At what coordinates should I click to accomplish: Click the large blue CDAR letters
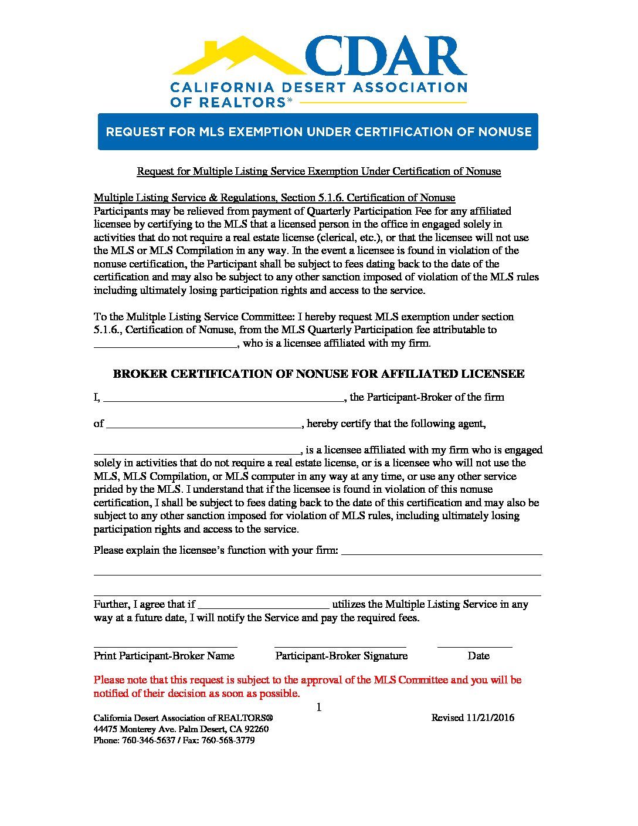386,57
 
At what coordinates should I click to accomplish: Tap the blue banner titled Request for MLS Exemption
318,131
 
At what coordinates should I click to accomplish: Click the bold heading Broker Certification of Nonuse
318,374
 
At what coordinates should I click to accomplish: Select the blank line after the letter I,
223,399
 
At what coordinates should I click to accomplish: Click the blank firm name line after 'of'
203,425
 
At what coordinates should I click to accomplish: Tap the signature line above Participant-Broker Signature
340,645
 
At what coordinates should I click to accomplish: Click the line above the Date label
474,645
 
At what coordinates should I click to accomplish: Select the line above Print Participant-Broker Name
165,645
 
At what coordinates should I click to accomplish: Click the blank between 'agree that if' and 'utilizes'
264,607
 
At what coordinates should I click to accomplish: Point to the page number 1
319,707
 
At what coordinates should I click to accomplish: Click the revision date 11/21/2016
490,717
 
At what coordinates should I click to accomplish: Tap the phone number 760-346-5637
148,740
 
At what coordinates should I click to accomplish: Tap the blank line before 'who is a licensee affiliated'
165,346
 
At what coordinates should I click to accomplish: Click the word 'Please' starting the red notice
109,680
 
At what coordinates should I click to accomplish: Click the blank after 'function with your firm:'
442,553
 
